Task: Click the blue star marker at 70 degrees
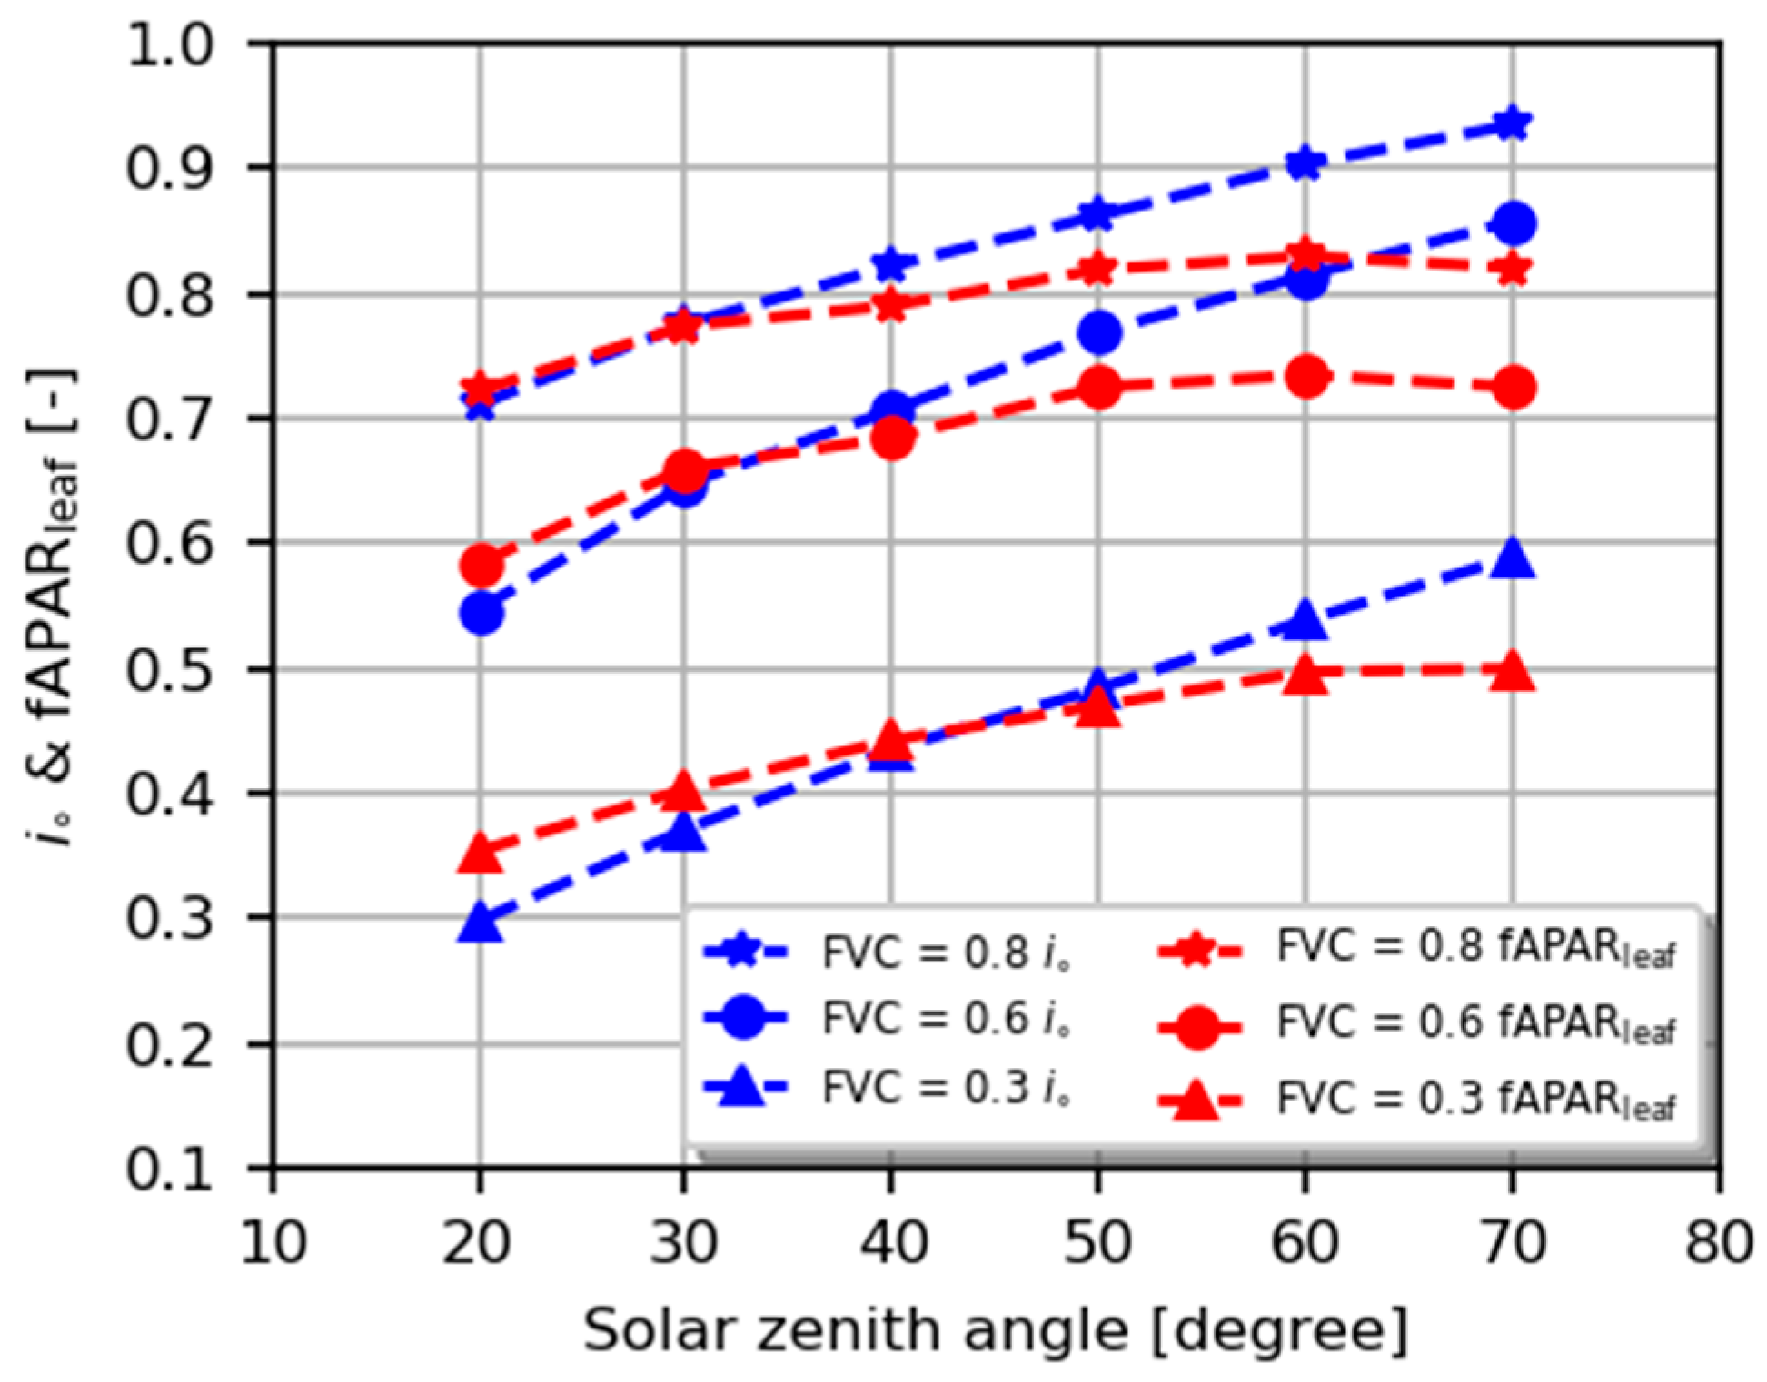1512,123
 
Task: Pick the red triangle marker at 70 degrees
1512,673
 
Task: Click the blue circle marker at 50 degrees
1098,333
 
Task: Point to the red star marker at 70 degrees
1512,270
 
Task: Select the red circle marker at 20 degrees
481,566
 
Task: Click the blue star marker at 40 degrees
890,264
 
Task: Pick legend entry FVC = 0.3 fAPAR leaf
1417,1100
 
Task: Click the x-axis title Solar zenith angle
995,1331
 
